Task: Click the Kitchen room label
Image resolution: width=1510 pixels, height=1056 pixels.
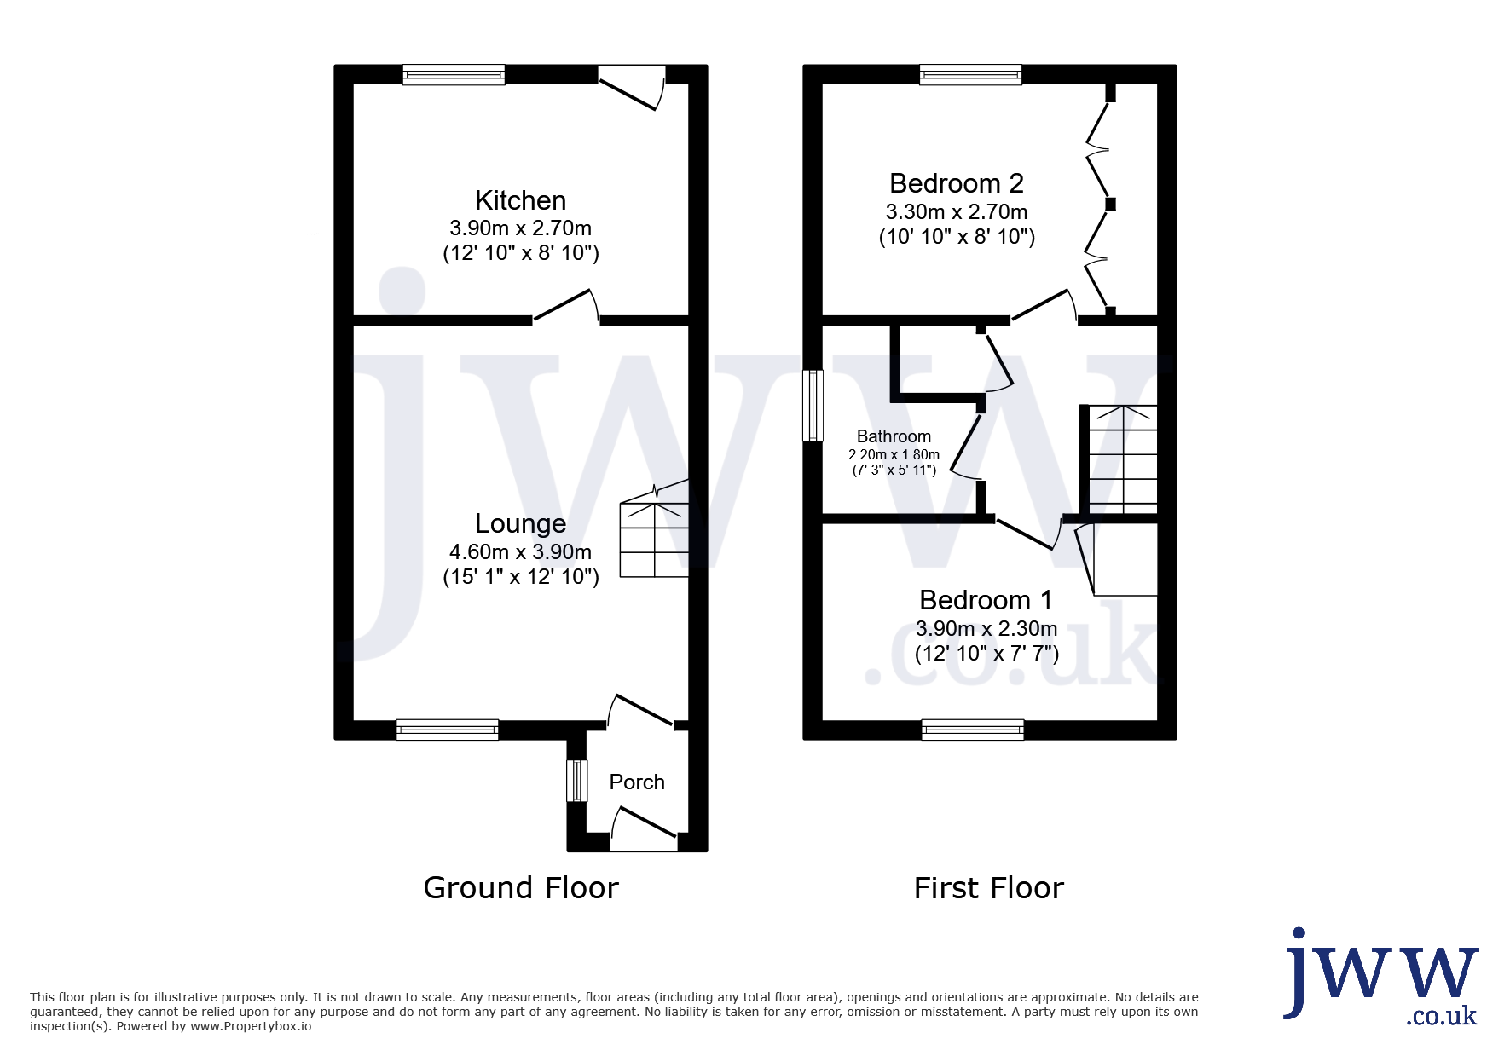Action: click(x=520, y=200)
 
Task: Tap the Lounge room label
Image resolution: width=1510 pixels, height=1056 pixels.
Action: click(x=520, y=523)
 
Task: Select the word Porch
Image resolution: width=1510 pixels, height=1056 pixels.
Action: click(x=637, y=782)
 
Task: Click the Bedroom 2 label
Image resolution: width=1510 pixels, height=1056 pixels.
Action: click(x=956, y=183)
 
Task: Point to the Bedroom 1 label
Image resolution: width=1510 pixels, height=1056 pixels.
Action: click(x=986, y=600)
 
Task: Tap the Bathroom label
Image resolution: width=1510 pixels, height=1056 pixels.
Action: click(x=894, y=436)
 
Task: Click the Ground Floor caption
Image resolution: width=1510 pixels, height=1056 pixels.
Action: click(x=521, y=888)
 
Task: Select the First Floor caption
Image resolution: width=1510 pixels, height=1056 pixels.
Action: click(x=989, y=888)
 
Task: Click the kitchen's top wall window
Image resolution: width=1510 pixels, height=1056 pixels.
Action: click(x=454, y=75)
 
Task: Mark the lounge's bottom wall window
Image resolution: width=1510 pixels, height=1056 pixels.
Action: click(x=447, y=730)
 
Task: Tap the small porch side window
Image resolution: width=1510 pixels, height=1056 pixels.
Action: click(x=577, y=781)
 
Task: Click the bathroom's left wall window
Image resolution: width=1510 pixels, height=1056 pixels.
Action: click(x=813, y=405)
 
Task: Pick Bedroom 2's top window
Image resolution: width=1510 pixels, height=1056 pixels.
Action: click(x=970, y=75)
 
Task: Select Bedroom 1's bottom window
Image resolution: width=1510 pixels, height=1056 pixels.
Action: click(x=973, y=730)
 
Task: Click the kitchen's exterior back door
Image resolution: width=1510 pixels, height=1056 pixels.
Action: click(x=632, y=88)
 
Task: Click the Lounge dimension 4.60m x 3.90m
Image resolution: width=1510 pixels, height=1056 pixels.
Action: click(x=520, y=552)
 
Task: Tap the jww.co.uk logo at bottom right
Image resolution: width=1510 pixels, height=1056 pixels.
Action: click(x=1381, y=977)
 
